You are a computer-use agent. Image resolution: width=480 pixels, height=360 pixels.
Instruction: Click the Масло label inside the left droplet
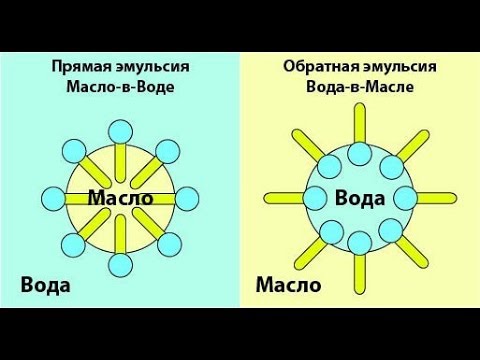pyautogui.click(x=120, y=197)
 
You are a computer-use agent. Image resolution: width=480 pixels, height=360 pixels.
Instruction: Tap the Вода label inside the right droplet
pyautogui.click(x=360, y=197)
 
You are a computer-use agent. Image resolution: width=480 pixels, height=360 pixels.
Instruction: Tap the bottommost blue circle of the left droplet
pyautogui.click(x=121, y=264)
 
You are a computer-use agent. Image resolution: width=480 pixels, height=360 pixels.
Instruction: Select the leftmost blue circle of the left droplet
pyautogui.click(x=54, y=196)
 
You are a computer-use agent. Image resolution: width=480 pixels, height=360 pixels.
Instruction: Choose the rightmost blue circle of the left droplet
pyautogui.click(x=188, y=196)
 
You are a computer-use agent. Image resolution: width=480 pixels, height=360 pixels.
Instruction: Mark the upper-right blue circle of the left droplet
pyautogui.click(x=168, y=149)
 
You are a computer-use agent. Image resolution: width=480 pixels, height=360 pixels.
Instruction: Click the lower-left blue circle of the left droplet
pyautogui.click(x=73, y=243)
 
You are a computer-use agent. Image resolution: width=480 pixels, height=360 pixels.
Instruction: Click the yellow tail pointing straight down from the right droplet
pyautogui.click(x=360, y=271)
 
